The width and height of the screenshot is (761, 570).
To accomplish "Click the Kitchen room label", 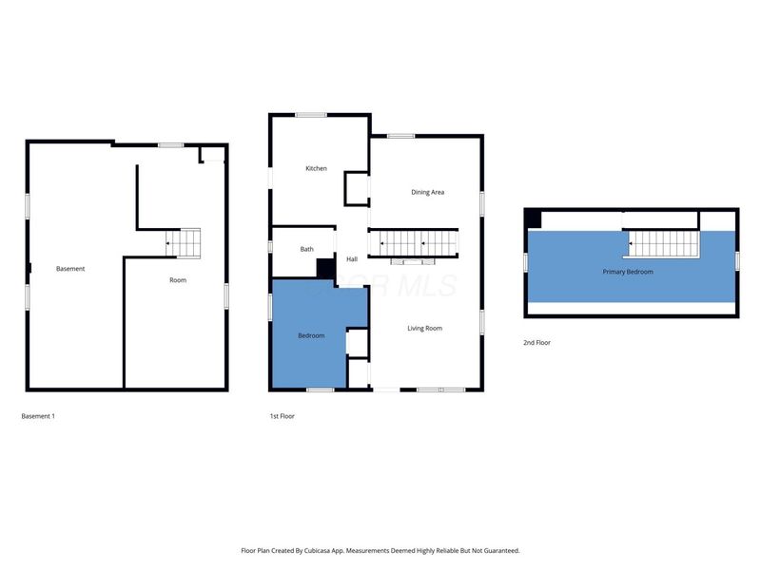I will coord(316,169).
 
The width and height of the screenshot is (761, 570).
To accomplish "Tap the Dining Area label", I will coord(427,193).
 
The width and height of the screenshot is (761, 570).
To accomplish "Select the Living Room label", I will coord(425,329).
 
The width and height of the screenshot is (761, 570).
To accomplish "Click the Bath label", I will coord(307,250).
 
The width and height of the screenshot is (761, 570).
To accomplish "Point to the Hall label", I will coord(352,259).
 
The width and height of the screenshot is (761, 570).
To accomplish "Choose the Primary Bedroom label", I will coord(628,272).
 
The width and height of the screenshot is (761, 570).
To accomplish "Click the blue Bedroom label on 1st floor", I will coord(311,336).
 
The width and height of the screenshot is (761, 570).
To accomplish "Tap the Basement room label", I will coord(70,269).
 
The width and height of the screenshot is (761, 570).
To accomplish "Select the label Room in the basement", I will coord(178,280).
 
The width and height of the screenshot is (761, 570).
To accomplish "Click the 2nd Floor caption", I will coord(537,343).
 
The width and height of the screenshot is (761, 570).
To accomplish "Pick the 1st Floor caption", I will coord(282,416).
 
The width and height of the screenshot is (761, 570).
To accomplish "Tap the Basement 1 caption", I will coord(38,416).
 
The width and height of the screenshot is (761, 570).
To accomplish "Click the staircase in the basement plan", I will coord(185,243).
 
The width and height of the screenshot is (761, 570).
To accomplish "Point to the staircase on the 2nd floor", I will coord(664,244).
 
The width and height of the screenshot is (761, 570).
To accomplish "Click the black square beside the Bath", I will coord(325,269).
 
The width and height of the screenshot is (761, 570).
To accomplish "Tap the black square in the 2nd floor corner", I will coord(534,218).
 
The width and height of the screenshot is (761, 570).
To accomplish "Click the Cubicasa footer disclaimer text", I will coord(380,551).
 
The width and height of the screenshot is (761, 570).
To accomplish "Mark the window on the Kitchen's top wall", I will coord(311,115).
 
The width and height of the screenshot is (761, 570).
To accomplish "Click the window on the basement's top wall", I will coord(171,144).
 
